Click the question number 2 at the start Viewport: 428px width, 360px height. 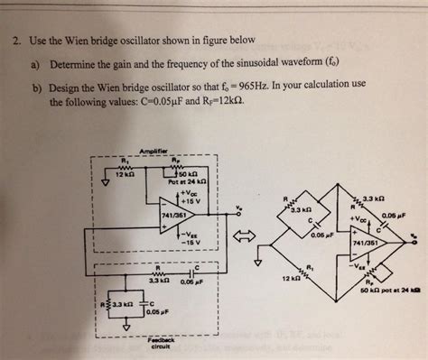coord(16,42)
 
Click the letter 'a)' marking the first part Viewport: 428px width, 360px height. coord(42,64)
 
